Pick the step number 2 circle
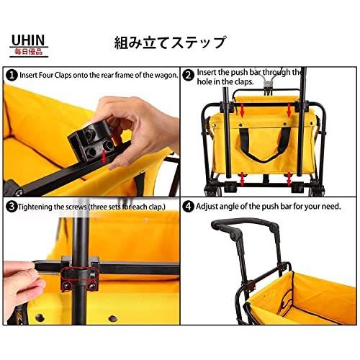(188, 75)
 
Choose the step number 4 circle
(188, 206)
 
